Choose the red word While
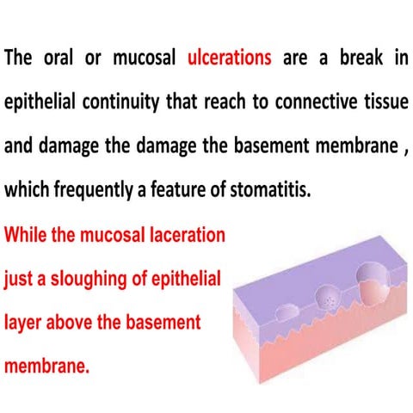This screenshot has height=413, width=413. [27, 234]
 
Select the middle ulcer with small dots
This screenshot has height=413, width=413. [331, 298]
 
